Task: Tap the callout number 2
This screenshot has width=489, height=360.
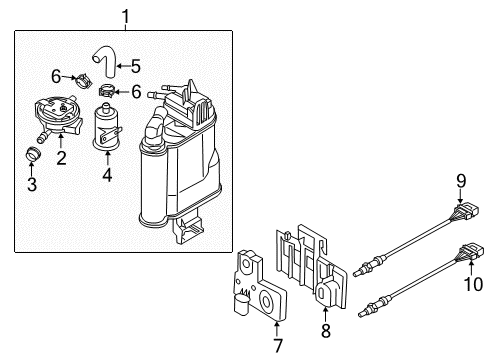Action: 61,158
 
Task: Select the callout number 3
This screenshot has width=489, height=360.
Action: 32,184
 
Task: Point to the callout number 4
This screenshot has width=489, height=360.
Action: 107,174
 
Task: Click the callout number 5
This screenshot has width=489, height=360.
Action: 136,66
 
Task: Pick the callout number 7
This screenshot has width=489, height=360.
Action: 278,345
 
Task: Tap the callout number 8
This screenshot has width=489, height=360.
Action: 326,331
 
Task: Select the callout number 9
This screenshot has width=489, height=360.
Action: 461,181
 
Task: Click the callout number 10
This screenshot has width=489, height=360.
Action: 473,284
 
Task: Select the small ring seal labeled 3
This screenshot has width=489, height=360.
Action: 33,153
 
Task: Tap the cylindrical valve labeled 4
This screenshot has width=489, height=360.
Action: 106,126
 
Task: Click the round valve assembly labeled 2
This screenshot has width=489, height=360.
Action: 57,116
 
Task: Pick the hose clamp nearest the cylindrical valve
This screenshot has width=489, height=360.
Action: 107,91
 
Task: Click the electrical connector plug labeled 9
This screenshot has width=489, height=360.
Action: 466,213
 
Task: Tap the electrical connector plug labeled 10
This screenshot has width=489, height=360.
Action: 471,252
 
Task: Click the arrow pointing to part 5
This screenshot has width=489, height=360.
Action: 123,66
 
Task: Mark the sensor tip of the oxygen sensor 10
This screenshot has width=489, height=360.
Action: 360,314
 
